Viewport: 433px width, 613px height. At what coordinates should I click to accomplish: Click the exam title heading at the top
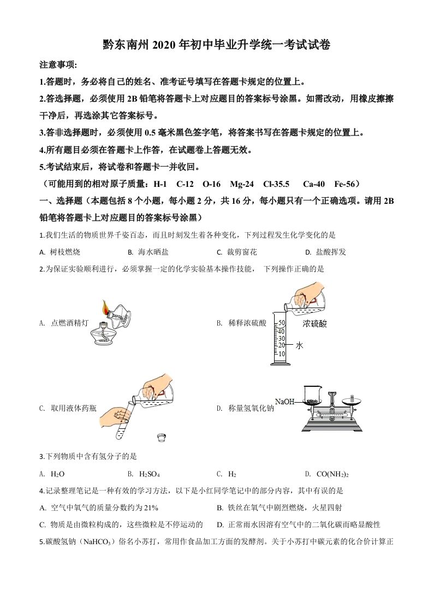pyautogui.click(x=216, y=45)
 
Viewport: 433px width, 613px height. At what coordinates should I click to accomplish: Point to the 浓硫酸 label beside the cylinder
pyautogui.click(x=315, y=324)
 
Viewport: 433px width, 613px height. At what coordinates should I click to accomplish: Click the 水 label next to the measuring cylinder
pyautogui.click(x=299, y=345)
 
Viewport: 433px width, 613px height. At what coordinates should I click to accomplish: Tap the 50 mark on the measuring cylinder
pyautogui.click(x=282, y=323)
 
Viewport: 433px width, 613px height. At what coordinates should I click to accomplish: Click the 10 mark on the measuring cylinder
pyautogui.click(x=282, y=354)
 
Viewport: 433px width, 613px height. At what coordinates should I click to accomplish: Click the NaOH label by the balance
pyautogui.click(x=284, y=402)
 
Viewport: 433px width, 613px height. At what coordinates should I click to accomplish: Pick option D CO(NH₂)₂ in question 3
pyautogui.click(x=326, y=474)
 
